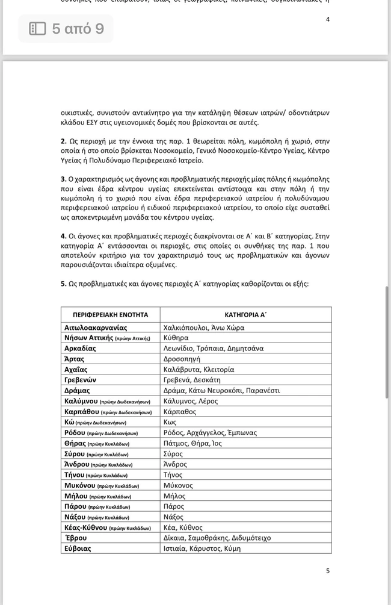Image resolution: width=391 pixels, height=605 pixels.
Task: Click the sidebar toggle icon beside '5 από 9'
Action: tap(37, 29)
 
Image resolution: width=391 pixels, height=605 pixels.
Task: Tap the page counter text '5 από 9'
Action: tap(78, 29)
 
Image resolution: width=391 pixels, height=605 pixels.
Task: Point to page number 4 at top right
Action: tap(328, 19)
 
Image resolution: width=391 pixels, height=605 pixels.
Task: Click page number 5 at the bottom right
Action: tap(328, 571)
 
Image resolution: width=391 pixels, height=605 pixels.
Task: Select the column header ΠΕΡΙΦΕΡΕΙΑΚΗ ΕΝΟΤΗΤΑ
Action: tap(110, 315)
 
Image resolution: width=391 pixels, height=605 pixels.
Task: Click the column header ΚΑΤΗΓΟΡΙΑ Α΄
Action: tap(245, 315)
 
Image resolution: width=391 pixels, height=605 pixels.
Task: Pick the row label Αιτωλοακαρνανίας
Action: tap(96, 327)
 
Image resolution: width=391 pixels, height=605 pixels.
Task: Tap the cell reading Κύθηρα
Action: tap(176, 338)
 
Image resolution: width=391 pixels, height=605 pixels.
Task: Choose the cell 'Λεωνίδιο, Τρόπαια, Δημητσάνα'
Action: tap(213, 349)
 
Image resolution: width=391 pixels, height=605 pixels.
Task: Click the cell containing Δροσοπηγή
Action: tap(182, 359)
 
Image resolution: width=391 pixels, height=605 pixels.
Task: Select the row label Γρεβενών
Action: tap(80, 380)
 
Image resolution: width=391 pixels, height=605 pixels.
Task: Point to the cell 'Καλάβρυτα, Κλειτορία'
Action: tap(199, 370)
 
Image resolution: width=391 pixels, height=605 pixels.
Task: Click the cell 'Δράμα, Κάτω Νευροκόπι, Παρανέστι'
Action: tap(221, 391)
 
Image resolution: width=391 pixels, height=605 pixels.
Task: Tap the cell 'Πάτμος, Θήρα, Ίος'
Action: tap(192, 443)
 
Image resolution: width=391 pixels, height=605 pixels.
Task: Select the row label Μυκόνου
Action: tap(81, 485)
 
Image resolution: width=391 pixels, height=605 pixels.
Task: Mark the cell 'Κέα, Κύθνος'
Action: tap(183, 527)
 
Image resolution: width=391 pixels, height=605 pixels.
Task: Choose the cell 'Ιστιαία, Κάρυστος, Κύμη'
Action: tap(202, 548)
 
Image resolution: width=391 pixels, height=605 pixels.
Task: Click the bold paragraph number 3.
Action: tap(63, 179)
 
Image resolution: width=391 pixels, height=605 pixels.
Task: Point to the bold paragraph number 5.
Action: tap(63, 284)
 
